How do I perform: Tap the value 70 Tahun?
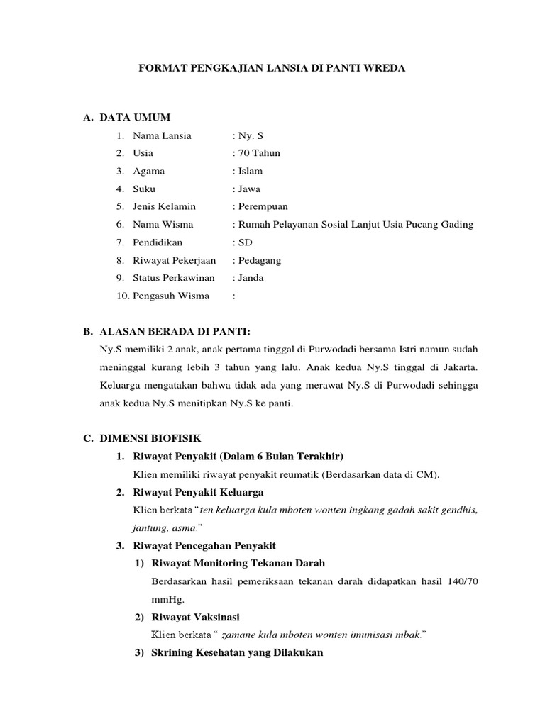pyautogui.click(x=258, y=152)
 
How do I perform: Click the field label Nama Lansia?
pyautogui.click(x=162, y=135)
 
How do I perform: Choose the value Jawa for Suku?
pyautogui.click(x=249, y=189)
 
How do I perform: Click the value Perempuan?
pyautogui.click(x=263, y=206)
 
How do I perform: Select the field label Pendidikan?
pyautogui.click(x=158, y=242)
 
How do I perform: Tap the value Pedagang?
pyautogui.click(x=259, y=260)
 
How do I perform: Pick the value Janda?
pyautogui.click(x=251, y=278)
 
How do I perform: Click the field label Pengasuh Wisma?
pyautogui.click(x=171, y=296)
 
